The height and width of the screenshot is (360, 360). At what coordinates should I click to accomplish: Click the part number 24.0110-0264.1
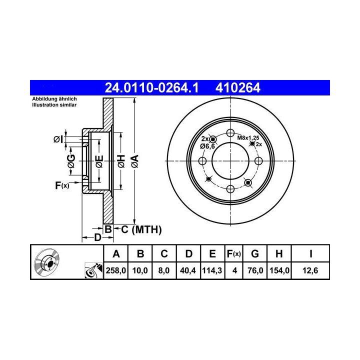pyautogui.click(x=151, y=87)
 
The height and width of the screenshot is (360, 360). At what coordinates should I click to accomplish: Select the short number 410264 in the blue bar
pyautogui.click(x=238, y=87)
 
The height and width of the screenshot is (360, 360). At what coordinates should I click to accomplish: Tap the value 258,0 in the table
pyautogui.click(x=116, y=270)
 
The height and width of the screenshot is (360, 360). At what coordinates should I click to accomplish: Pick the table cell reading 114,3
pyautogui.click(x=212, y=270)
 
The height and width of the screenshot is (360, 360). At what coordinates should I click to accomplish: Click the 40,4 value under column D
pyautogui.click(x=188, y=270)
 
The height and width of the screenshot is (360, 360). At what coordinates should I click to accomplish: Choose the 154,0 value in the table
pyautogui.click(x=279, y=270)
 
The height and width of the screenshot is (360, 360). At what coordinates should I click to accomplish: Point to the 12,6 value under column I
pyautogui.click(x=310, y=270)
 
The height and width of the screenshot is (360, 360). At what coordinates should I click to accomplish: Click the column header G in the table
pyautogui.click(x=255, y=253)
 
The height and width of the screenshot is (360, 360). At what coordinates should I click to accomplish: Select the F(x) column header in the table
pyautogui.click(x=233, y=253)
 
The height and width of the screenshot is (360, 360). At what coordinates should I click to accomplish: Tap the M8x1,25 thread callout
pyautogui.click(x=248, y=138)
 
